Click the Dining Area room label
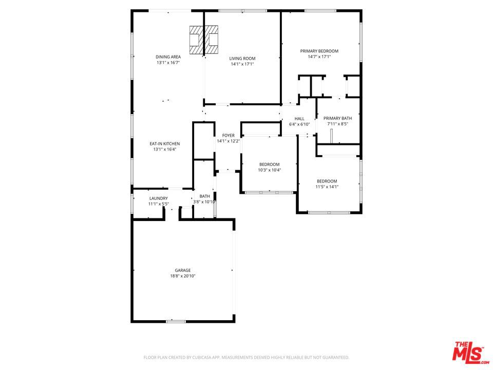coord(168,57)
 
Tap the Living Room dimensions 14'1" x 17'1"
coord(242,64)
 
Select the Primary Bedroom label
coord(319,51)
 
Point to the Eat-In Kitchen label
coord(165,144)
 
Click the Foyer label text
coord(228,136)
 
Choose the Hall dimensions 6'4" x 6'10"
coord(299,124)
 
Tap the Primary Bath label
coord(338,118)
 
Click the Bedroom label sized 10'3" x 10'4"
coord(270,164)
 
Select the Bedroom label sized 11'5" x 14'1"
coord(327,181)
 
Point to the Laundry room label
coord(159,198)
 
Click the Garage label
coord(183,270)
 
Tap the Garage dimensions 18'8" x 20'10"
coord(183,276)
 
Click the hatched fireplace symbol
coord(204,40)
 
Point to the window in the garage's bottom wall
coord(176,321)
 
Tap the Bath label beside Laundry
coord(205,196)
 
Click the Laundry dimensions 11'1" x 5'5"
coord(159,204)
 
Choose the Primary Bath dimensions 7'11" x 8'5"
coord(338,124)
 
